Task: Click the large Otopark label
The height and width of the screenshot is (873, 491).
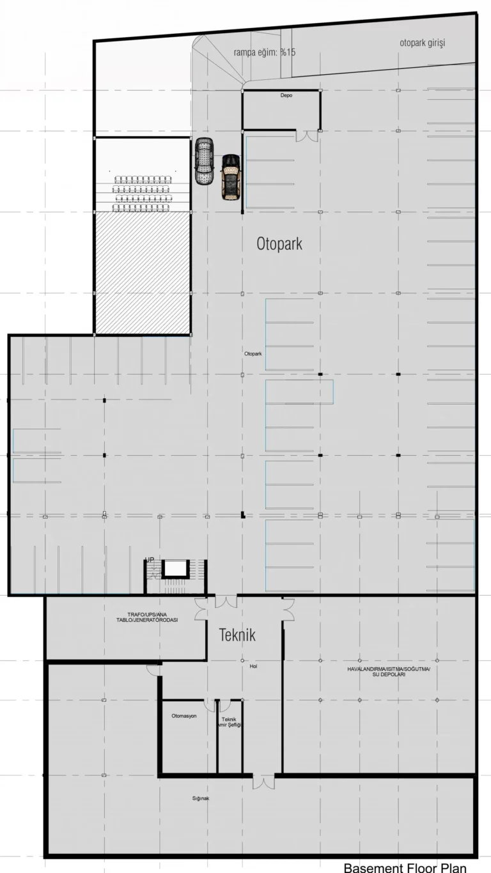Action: [x=279, y=243]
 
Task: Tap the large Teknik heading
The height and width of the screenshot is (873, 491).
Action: [x=237, y=635]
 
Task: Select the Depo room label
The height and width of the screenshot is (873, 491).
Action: [x=286, y=95]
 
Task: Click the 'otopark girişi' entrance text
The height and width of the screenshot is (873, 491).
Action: [x=423, y=43]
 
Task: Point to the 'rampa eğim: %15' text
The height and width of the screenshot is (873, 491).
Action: [x=265, y=52]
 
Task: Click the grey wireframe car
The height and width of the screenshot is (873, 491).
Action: [x=205, y=161]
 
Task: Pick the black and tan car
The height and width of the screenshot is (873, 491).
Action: [x=231, y=178]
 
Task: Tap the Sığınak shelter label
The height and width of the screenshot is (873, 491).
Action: [x=201, y=798]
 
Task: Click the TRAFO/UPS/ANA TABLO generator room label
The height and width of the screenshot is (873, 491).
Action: [x=147, y=617]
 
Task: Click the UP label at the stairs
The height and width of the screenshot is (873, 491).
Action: [x=150, y=560]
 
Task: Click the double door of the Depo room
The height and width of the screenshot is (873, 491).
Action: [x=307, y=135]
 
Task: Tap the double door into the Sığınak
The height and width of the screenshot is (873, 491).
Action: [x=263, y=781]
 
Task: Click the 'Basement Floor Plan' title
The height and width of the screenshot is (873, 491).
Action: [x=405, y=867]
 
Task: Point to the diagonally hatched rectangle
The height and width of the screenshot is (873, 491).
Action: [x=143, y=273]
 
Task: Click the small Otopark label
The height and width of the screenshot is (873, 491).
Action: [x=253, y=354]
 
